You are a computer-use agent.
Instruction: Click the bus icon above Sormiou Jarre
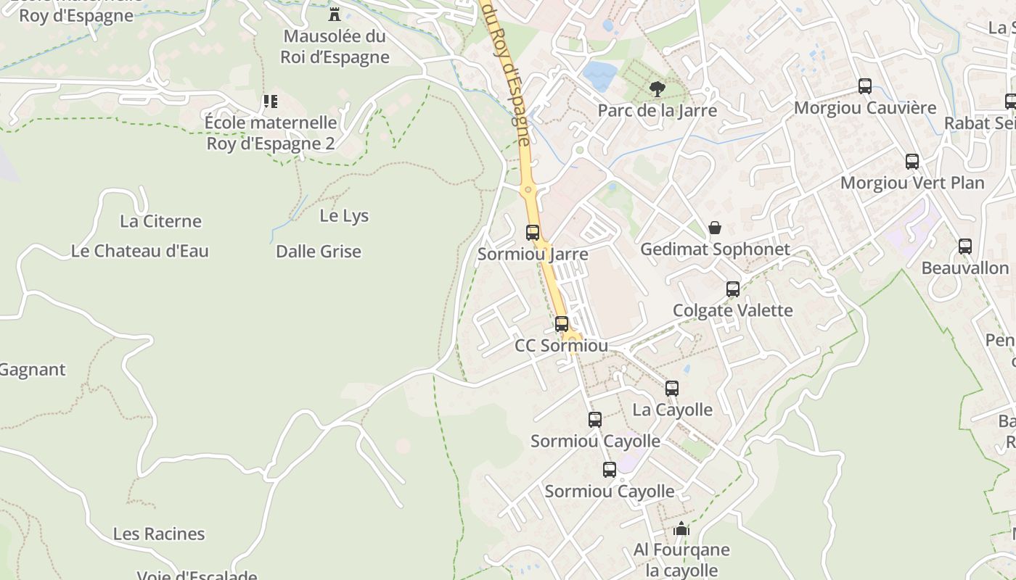point(533,233)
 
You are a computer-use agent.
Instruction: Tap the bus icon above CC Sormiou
point(562,324)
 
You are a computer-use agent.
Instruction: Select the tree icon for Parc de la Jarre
point(657,89)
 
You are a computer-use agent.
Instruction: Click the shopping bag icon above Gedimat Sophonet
point(715,228)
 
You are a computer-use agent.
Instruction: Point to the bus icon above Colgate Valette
point(733,289)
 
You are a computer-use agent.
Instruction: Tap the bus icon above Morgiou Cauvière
point(865,86)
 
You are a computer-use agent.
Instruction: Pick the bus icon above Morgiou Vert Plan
point(912,162)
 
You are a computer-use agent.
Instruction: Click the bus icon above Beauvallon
point(965,246)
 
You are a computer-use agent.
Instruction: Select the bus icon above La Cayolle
point(672,389)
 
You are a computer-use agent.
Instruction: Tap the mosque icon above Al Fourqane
point(681,529)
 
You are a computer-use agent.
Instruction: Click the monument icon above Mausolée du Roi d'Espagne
point(335,14)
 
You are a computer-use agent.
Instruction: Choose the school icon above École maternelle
point(270,101)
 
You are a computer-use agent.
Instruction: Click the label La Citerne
point(160,221)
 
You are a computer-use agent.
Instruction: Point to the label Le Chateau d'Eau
point(140,251)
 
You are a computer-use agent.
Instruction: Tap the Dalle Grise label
point(319,252)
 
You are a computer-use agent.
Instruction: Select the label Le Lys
point(344,216)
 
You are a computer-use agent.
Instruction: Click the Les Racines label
point(159,534)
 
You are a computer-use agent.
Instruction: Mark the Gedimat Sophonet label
point(715,249)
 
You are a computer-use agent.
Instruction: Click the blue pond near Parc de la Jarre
point(600,76)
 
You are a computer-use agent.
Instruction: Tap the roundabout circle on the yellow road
point(528,190)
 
